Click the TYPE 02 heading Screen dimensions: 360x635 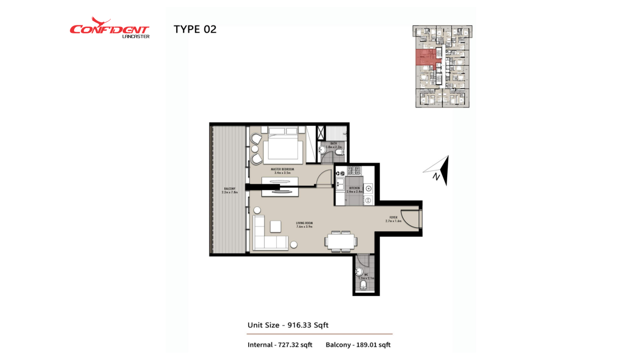click(x=195, y=30)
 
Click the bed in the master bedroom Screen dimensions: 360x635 click(x=285, y=145)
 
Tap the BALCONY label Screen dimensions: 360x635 click(x=230, y=190)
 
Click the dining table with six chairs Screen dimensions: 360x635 click(x=340, y=241)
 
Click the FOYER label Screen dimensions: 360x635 click(x=393, y=219)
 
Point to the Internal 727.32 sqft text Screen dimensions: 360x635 click(x=279, y=345)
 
